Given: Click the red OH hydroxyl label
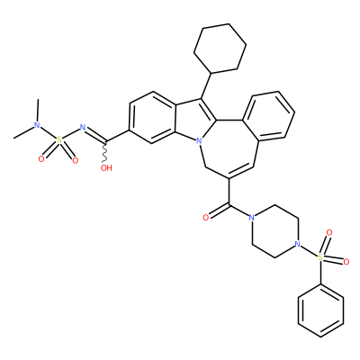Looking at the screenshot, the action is pos(106,167).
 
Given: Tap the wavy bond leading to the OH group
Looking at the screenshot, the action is pos(105,152).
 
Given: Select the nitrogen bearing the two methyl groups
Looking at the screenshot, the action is pos(37,125).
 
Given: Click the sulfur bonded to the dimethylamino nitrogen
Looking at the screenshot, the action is pos(59,139).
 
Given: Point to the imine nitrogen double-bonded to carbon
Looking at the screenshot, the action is pos(83,128).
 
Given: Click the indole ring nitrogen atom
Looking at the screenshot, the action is pos(198,139).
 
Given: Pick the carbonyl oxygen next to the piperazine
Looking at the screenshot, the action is pos(205,218).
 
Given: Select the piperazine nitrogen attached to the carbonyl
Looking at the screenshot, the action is pos(251,217).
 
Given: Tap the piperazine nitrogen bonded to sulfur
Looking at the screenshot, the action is pos(297,244).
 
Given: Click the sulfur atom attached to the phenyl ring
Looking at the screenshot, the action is pos(320,257).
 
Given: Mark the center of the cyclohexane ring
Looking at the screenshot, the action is pos(220,49).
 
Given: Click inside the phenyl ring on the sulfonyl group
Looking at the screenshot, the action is pos(320,310).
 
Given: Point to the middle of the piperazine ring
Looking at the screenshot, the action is pos(274,230).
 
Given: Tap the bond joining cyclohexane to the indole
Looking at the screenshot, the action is pos(206,85).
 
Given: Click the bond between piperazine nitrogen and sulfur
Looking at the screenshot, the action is pos(309,250).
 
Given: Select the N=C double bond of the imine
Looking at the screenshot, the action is pos(95,135).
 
